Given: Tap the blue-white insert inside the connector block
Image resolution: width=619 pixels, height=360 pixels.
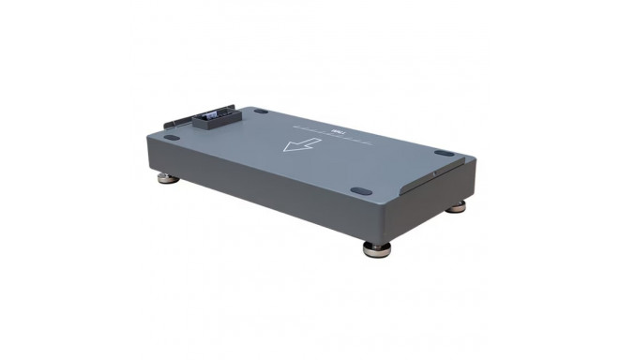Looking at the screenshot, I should click(x=211, y=115).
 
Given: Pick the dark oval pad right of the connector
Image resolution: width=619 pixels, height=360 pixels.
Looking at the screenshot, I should click(x=260, y=111).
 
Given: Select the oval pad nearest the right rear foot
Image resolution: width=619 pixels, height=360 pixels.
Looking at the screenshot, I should click(x=444, y=154).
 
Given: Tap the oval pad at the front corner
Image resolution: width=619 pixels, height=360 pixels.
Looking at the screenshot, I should click(x=359, y=190).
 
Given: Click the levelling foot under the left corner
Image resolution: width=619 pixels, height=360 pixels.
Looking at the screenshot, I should click(x=166, y=178).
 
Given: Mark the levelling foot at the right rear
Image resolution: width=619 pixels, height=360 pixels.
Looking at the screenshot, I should click(x=456, y=207).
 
